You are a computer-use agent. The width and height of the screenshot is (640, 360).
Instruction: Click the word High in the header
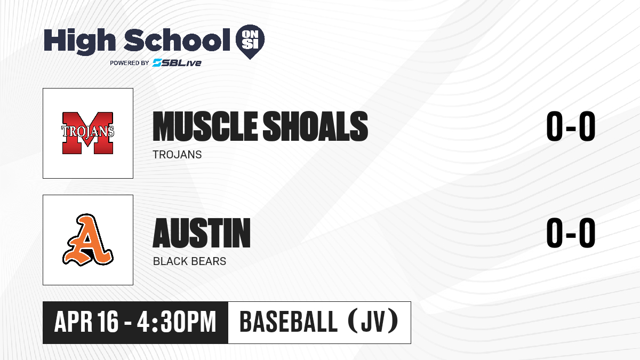pos(79,42)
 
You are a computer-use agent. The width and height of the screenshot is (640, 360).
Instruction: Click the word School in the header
pos(177,40)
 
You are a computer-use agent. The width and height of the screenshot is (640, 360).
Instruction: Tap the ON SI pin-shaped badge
pos(250,42)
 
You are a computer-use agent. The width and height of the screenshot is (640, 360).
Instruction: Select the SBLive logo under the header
pos(177,62)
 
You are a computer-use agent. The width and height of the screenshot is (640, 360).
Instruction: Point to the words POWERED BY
pos(130,63)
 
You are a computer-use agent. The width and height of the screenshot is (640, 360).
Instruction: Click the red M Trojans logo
pos(87,133)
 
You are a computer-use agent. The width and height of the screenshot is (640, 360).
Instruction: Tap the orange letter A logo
pos(87,239)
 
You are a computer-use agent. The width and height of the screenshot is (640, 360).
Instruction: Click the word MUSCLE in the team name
pos(205,126)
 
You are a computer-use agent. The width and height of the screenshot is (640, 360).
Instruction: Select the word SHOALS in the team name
pos(315,126)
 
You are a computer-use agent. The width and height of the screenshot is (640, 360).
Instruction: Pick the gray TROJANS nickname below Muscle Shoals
pos(177,155)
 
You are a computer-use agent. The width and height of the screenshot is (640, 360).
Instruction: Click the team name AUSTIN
pos(202,233)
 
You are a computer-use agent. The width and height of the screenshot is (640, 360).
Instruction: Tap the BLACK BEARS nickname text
pos(189,261)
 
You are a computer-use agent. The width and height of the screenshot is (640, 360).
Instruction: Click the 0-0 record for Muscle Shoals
pos(571,126)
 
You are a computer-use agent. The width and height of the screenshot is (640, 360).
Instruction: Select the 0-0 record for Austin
pos(571,233)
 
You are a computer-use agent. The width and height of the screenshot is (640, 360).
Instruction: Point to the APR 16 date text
pos(86,322)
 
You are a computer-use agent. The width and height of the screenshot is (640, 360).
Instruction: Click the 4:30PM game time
pos(177,322)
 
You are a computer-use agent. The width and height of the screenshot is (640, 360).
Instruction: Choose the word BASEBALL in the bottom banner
pos(289,322)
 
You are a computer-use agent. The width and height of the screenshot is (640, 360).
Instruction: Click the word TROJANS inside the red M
pos(87,131)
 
